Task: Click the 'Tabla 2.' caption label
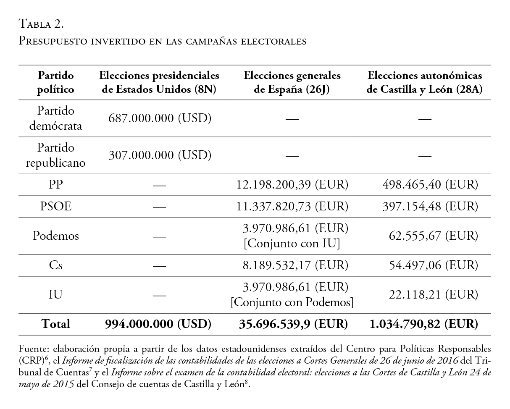click(41, 24)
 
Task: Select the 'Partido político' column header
click(55, 82)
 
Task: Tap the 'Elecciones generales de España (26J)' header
click(292, 82)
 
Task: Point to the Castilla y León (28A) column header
click(424, 82)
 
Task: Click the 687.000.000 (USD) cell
click(160, 118)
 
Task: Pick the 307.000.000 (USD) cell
click(160, 155)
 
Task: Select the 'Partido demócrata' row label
click(55, 118)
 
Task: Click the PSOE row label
click(55, 207)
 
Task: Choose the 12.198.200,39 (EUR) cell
click(292, 185)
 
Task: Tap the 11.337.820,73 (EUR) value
click(292, 207)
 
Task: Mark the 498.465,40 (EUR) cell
click(429, 185)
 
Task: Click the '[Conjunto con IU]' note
click(292, 243)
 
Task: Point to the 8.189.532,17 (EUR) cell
click(292, 265)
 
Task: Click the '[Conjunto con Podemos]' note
click(292, 302)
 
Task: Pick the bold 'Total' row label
click(55, 324)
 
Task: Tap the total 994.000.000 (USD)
click(158, 324)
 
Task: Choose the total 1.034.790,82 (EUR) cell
click(423, 324)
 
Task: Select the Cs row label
click(55, 265)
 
